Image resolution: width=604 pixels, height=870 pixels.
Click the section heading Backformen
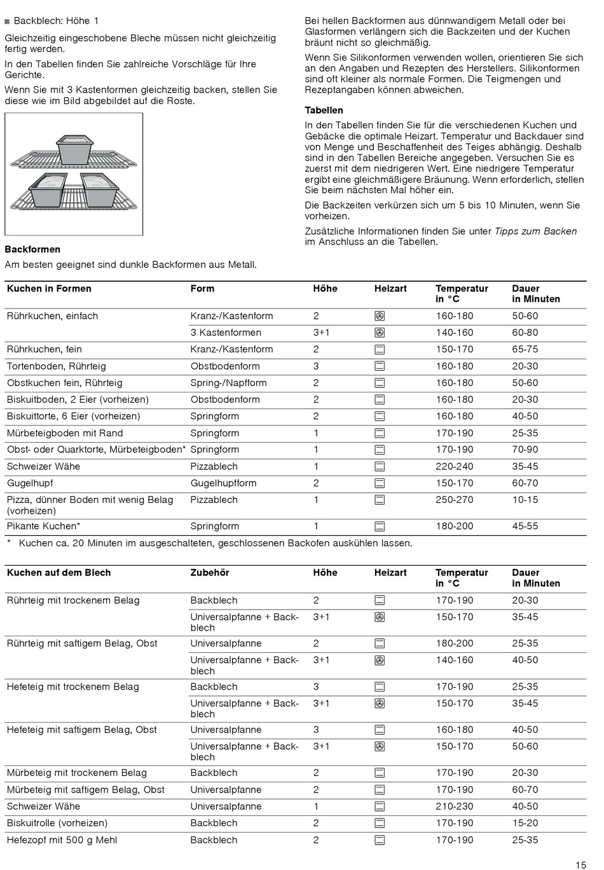pos(32,250)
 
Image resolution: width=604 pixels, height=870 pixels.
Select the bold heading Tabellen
pos(324,110)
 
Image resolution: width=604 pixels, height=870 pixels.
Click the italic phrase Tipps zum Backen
pos(535,231)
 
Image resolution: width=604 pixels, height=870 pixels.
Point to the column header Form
pos(202,289)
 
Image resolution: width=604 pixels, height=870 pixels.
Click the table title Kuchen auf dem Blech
pos(58,573)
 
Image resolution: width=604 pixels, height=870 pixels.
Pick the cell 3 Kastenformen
pos(226,333)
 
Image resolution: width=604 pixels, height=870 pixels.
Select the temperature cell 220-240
pos(454,467)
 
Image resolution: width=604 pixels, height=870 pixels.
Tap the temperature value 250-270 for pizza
pos(454,500)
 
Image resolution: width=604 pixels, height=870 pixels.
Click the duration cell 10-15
pos(525,500)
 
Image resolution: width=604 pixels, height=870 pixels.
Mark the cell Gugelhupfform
pos(223,483)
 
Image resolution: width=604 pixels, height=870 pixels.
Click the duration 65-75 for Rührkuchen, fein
pos(525,349)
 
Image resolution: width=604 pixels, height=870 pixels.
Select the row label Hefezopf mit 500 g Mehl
pos(62,840)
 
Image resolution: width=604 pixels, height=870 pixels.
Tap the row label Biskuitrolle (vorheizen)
pos(57,823)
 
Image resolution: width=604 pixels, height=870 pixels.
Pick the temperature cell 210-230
pos(454,806)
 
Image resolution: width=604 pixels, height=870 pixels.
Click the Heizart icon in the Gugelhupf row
pos(380,483)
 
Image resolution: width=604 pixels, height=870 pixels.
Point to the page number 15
pos(580,864)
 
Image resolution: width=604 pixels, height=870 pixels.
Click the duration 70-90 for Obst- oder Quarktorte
pos(525,450)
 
